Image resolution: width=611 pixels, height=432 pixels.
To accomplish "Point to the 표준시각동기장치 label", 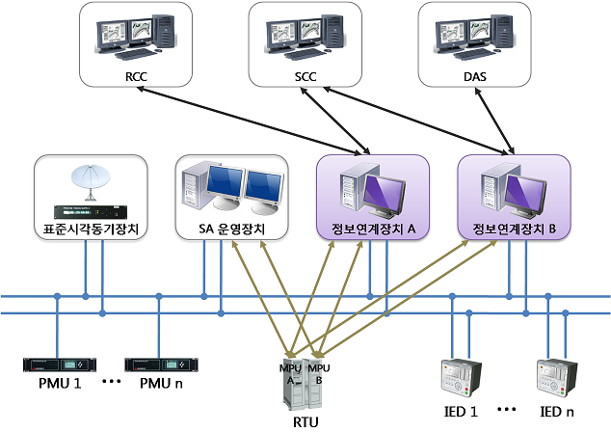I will point(91,229).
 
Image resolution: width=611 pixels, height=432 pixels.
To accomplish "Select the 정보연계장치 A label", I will point(371,229).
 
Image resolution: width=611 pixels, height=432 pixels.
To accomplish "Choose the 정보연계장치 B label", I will point(514,229).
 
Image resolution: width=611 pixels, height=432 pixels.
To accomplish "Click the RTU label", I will point(304,421).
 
